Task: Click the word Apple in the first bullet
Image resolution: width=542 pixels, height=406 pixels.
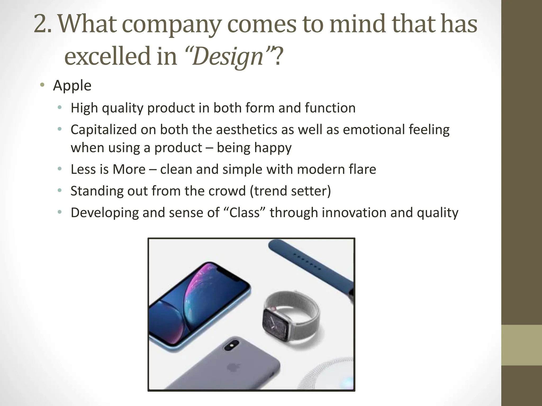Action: point(72,86)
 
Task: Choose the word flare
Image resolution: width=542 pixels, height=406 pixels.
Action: point(362,169)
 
